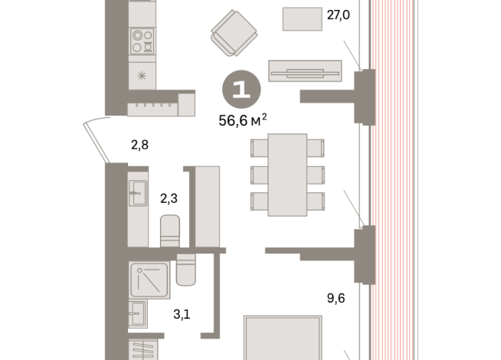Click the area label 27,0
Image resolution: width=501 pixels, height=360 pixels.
(x=339, y=15)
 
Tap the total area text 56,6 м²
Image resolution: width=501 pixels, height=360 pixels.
(x=243, y=120)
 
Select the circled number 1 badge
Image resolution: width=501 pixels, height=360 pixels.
(x=241, y=89)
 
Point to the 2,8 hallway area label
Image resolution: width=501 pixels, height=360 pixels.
(x=139, y=145)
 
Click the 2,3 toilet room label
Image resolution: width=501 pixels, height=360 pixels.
(x=169, y=198)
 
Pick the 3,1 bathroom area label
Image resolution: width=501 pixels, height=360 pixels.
(x=182, y=314)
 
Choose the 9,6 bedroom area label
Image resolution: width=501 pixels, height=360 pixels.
(x=336, y=298)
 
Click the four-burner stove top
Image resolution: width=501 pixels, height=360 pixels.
(x=142, y=41)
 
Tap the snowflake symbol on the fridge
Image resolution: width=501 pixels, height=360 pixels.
(x=142, y=76)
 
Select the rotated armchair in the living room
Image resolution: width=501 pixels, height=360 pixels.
(x=234, y=33)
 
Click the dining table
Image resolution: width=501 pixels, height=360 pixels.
(x=287, y=175)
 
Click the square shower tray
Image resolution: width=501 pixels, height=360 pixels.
(x=149, y=280)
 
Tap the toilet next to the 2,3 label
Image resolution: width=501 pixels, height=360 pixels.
(x=169, y=231)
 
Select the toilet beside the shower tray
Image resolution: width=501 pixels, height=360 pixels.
(x=185, y=270)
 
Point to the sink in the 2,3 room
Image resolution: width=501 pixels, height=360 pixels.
(x=138, y=193)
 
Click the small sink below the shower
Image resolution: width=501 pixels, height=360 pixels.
(x=138, y=314)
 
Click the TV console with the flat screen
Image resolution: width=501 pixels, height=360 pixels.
(x=305, y=71)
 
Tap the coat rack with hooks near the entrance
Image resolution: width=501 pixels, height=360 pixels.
(x=152, y=110)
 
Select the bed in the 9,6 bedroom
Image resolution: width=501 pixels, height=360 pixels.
(x=283, y=338)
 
